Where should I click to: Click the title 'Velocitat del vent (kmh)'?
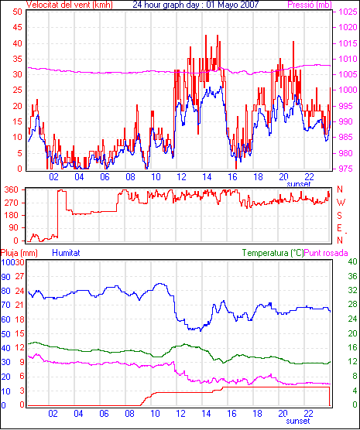69,5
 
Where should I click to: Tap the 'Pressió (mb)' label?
310,5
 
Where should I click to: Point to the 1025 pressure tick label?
348,12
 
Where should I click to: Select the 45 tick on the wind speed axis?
18,27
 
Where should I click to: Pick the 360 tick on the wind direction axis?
12,189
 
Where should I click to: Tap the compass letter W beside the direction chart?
341,203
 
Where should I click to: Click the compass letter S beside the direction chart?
340,216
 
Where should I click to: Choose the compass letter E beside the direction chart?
340,228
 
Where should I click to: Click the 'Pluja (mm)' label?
19,253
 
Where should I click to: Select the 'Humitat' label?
66,253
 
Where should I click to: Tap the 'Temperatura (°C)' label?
273,253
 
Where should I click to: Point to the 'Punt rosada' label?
326,253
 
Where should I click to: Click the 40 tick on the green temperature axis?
352,261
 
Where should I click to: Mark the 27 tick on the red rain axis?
19,276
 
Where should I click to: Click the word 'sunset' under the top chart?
299,184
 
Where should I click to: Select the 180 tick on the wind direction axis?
12,215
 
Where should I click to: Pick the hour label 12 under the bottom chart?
180,413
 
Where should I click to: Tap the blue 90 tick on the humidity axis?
5,277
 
